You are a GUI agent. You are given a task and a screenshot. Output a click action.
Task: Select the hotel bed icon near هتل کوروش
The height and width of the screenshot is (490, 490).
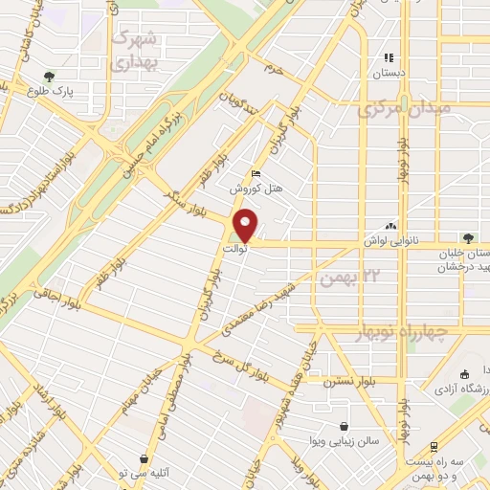click(255, 173)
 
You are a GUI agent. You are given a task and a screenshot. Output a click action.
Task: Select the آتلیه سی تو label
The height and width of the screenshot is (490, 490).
click(145, 476)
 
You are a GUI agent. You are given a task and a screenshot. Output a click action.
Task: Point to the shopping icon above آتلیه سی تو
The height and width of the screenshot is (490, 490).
click(144, 459)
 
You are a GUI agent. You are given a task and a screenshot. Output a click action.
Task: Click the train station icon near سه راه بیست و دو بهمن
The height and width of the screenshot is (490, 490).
click(434, 446)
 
